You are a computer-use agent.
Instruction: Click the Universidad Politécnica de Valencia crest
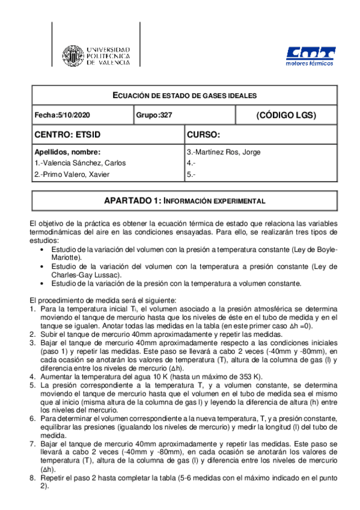point(75,54)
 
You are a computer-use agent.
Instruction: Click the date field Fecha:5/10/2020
point(63,114)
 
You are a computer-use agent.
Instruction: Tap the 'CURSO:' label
point(205,134)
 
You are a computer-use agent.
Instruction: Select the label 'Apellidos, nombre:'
point(67,152)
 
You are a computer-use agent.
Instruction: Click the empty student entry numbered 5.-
point(192,174)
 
